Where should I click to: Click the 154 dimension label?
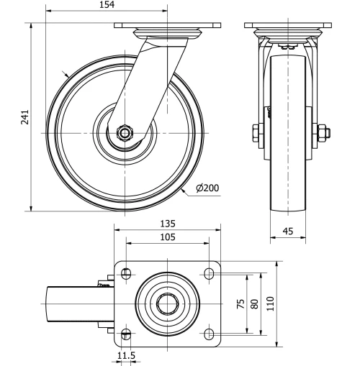tap(107, 6)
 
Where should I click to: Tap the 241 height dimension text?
tap(25, 117)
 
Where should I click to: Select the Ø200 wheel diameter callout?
tap(207, 188)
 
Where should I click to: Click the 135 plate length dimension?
tap(168, 224)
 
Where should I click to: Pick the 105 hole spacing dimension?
tap(168, 238)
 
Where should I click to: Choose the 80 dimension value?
tap(254, 303)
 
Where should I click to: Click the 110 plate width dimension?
tap(271, 303)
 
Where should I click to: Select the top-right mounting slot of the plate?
tap(210, 273)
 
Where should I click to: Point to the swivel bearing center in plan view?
tap(168, 303)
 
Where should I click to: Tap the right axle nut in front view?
tap(322, 132)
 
